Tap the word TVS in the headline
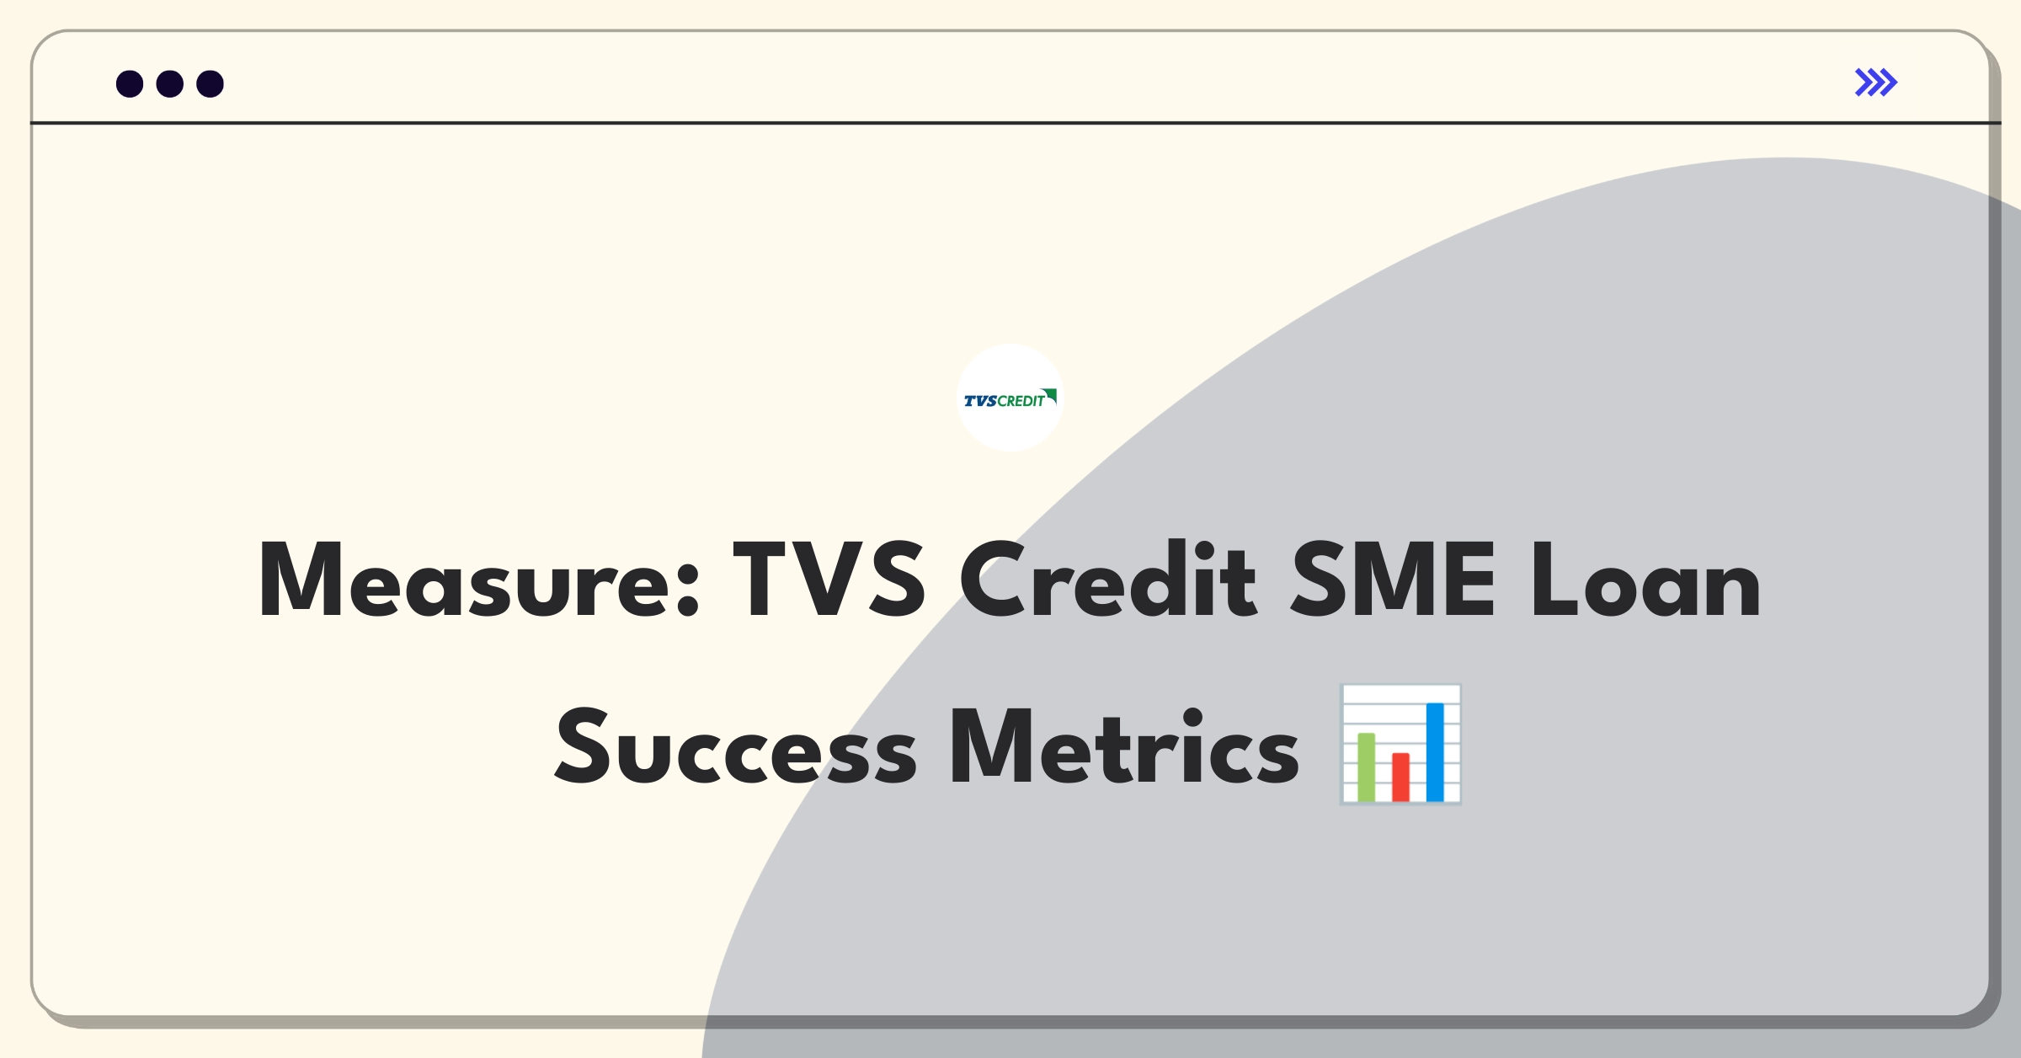[x=830, y=580]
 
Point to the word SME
[x=1393, y=580]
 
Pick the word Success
[x=736, y=747]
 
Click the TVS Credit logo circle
[x=1010, y=398]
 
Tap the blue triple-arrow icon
[x=1876, y=83]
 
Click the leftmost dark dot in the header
[x=130, y=83]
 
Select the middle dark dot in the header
[x=170, y=83]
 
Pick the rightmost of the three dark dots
[x=211, y=83]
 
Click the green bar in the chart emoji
[x=1366, y=767]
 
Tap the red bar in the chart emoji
[x=1400, y=777]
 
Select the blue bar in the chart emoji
[x=1435, y=752]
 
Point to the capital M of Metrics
[x=992, y=747]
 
